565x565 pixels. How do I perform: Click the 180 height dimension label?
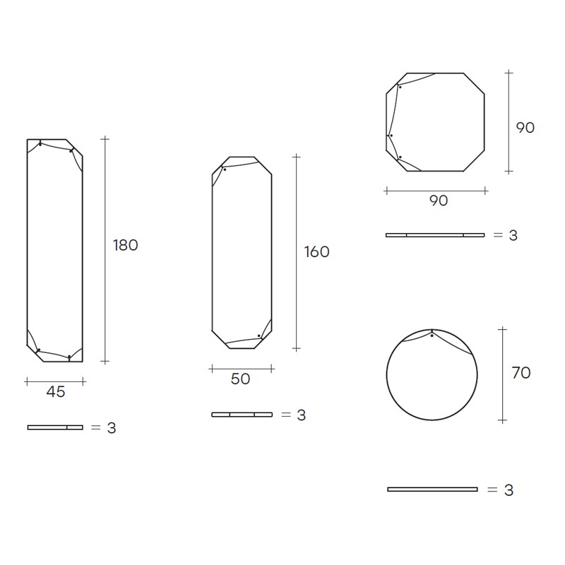[x=126, y=245]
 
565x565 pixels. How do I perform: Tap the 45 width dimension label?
[x=56, y=392]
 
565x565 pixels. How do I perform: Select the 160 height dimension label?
[x=316, y=252]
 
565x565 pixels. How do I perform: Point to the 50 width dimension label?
[x=240, y=379]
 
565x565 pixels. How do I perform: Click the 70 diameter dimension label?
[x=521, y=373]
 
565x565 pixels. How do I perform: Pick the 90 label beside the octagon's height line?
[x=525, y=128]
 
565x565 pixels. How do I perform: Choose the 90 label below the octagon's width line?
[x=439, y=201]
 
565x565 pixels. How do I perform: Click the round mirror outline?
[x=386, y=375]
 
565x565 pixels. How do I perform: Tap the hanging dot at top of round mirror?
[x=432, y=336]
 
